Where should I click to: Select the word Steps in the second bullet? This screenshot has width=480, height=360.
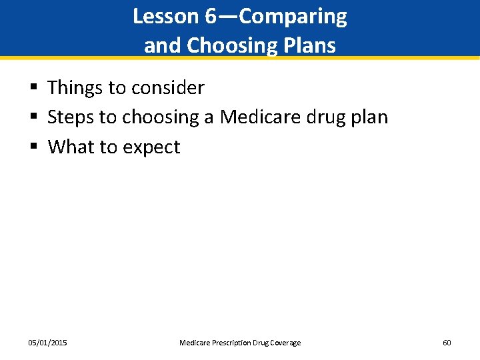click(71, 117)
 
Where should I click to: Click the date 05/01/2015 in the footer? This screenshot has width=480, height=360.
click(47, 343)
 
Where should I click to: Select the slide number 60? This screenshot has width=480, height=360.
click(447, 343)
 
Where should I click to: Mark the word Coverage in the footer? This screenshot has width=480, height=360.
click(285, 343)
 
